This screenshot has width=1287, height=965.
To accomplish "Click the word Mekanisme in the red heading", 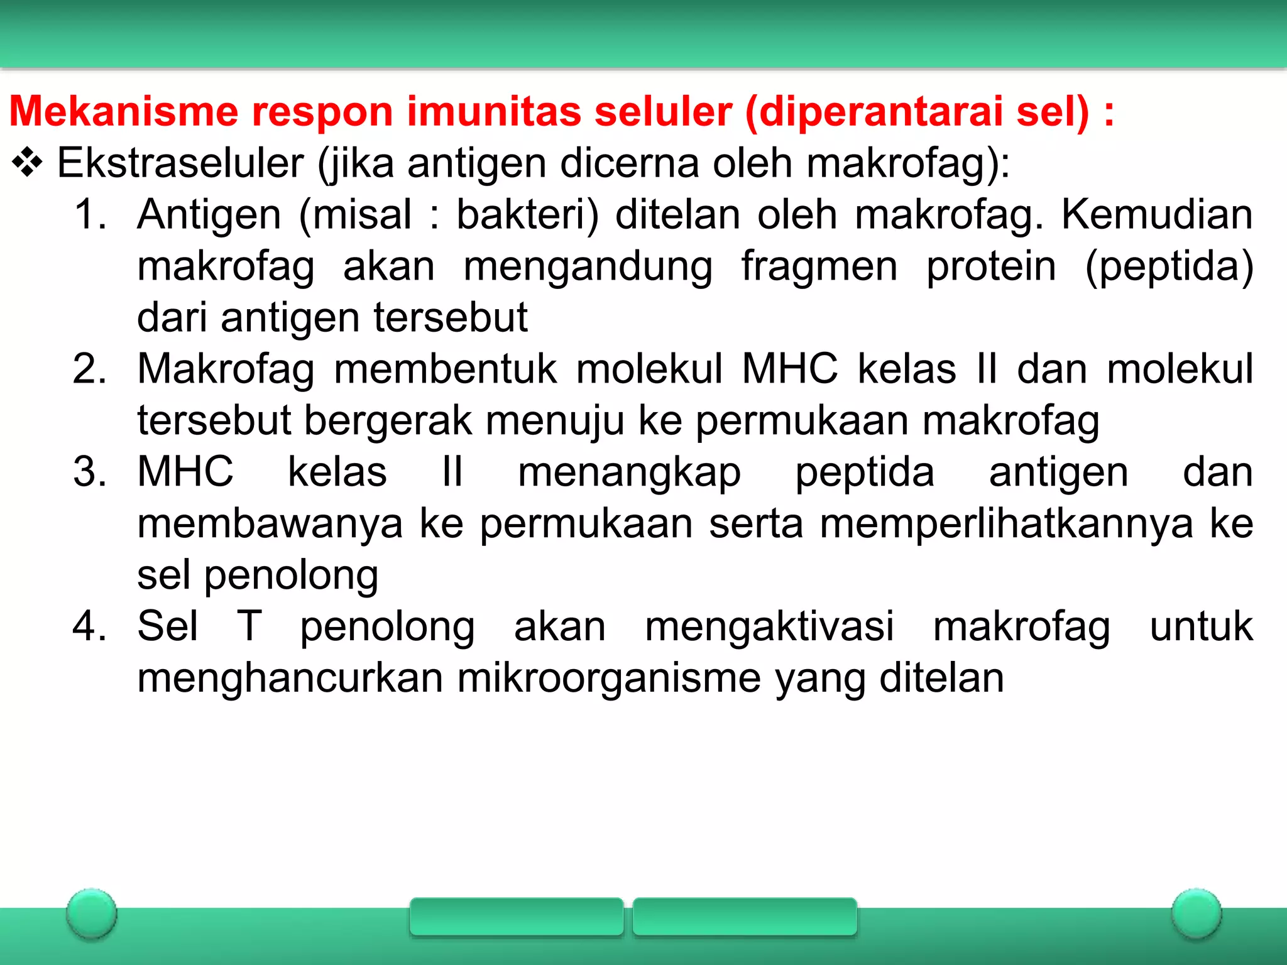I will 123,111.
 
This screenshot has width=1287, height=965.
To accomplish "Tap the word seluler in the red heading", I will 663,111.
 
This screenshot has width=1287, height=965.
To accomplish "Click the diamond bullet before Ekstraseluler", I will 27,163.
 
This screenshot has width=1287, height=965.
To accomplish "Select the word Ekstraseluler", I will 180,163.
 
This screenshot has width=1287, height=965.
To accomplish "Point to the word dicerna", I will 629,163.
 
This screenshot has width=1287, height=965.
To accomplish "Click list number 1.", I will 89,214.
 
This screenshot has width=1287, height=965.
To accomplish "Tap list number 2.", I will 89,369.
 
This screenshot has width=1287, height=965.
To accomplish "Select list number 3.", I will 89,472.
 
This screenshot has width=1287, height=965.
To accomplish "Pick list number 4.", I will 89,626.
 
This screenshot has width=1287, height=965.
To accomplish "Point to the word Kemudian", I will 1157,214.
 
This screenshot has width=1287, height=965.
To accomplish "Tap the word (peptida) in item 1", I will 1169,266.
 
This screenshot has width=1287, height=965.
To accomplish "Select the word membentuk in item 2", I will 445,369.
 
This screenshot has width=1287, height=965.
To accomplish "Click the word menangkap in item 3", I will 629,472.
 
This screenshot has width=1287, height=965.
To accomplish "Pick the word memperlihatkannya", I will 1006,524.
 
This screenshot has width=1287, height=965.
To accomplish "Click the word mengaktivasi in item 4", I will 769,626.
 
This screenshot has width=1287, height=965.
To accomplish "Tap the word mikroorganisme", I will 608,678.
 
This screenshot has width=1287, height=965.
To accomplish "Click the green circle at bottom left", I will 92,913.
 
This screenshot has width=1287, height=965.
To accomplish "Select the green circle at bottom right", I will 1196,913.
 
